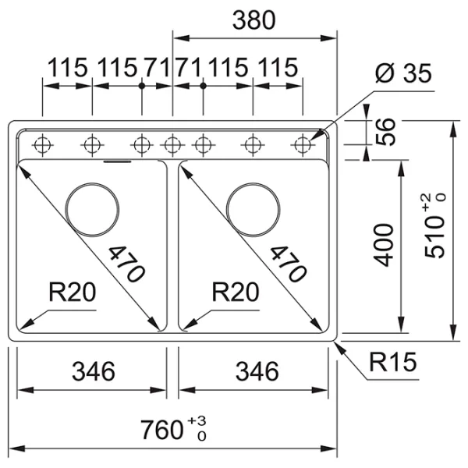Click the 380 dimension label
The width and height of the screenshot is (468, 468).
click(x=253, y=21)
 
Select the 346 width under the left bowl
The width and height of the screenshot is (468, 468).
click(x=91, y=371)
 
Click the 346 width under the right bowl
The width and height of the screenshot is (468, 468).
click(x=255, y=371)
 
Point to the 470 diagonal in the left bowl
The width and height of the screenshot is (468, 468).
click(x=126, y=263)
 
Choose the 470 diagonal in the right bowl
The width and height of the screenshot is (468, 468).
click(x=286, y=263)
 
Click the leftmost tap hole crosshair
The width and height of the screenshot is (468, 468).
click(x=43, y=144)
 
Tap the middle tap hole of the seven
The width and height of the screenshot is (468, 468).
click(x=172, y=144)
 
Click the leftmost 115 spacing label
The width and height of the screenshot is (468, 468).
click(x=68, y=69)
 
